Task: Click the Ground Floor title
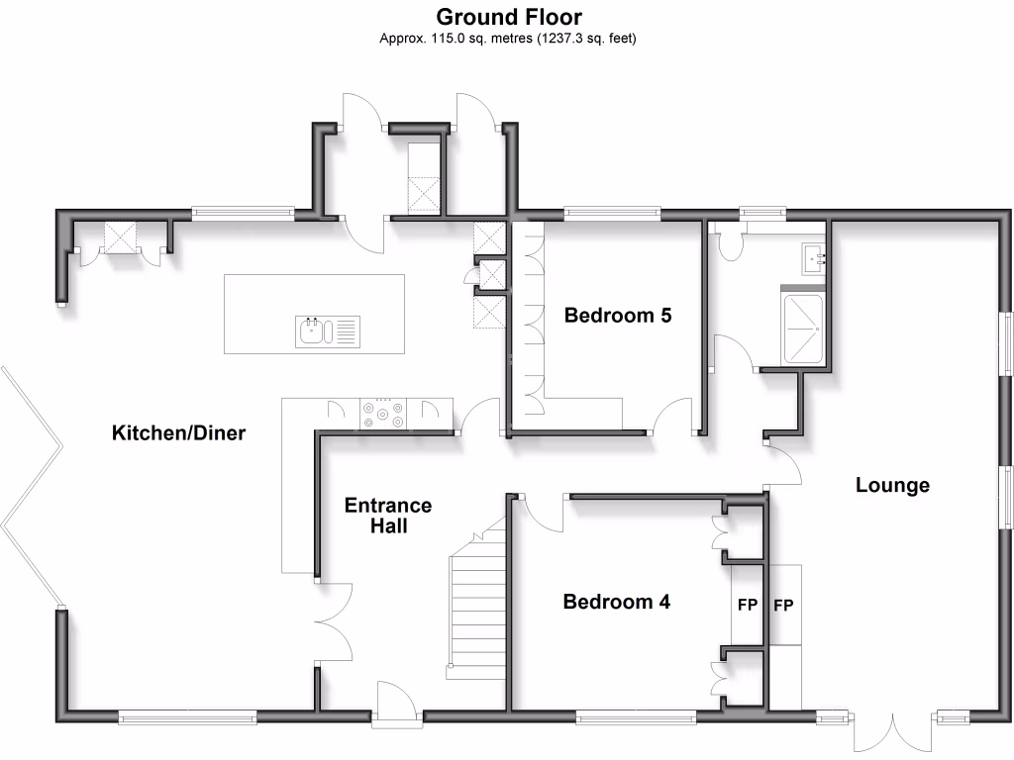pos(509,17)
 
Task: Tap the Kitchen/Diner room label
pos(178,432)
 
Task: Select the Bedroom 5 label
pos(618,316)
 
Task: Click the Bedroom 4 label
pos(617,602)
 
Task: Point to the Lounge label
pos(892,485)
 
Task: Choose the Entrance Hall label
pos(388,516)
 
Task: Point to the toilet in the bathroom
pos(736,244)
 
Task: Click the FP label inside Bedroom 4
pos(747,605)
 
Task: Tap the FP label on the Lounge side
pos(783,605)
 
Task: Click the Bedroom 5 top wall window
pos(611,213)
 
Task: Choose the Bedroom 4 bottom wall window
pos(636,715)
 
